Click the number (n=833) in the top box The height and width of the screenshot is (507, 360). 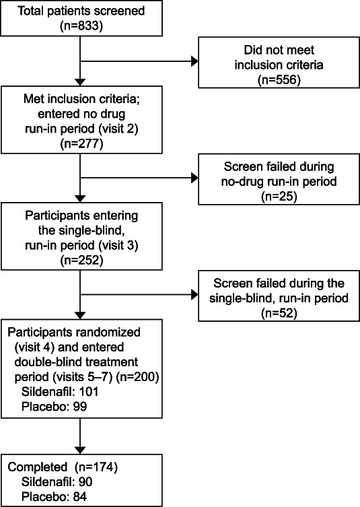(81, 26)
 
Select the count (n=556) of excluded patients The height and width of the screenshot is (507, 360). (279, 79)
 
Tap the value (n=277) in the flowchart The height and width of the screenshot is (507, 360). (81, 143)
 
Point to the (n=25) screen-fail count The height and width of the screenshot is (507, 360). (279, 196)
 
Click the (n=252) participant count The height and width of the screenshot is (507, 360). (81, 260)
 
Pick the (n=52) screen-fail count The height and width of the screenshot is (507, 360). (279, 313)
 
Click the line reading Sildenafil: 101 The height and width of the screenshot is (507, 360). (60, 392)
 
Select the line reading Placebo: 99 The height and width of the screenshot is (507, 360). (54, 407)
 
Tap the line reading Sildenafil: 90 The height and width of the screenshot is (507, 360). (57, 482)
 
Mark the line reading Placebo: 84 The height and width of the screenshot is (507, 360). (54, 497)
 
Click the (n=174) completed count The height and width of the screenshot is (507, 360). (96, 467)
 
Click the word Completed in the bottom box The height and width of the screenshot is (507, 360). (38, 467)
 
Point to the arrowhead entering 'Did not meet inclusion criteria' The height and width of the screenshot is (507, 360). (194, 61)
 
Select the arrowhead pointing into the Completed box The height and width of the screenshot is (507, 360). (80, 450)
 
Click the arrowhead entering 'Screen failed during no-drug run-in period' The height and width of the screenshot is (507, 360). (194, 178)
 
